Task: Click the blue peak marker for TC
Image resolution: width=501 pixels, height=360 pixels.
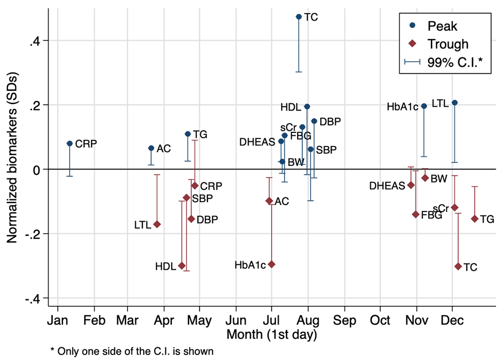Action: point(299,17)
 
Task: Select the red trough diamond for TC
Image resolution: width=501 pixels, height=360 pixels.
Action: point(458,266)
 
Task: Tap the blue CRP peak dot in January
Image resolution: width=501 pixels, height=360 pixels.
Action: point(70,143)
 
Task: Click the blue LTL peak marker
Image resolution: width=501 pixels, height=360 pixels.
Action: point(454,103)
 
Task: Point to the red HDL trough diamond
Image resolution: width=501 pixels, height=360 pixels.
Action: point(182,265)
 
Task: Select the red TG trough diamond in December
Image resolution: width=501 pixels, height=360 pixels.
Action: point(474,219)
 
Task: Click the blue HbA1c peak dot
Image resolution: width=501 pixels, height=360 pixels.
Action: point(424,106)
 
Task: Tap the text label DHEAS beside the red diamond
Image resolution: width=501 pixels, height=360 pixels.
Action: point(387,186)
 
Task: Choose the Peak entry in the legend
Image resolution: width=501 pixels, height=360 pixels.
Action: point(442,26)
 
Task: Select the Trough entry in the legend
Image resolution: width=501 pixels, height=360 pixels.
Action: point(447,44)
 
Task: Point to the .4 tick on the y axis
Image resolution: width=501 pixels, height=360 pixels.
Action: point(39,41)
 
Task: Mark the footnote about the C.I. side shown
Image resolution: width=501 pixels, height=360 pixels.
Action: point(132,351)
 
